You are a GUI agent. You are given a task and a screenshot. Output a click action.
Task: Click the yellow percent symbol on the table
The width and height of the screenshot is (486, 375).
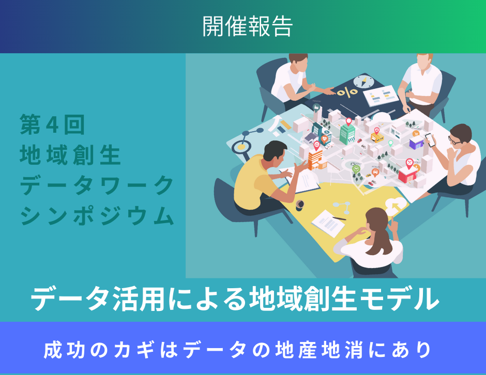[347, 92]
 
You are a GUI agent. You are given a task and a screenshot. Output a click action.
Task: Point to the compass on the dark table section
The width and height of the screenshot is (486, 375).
[363, 82]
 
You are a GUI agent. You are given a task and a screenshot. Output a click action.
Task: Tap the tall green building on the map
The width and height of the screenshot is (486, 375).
[346, 133]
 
